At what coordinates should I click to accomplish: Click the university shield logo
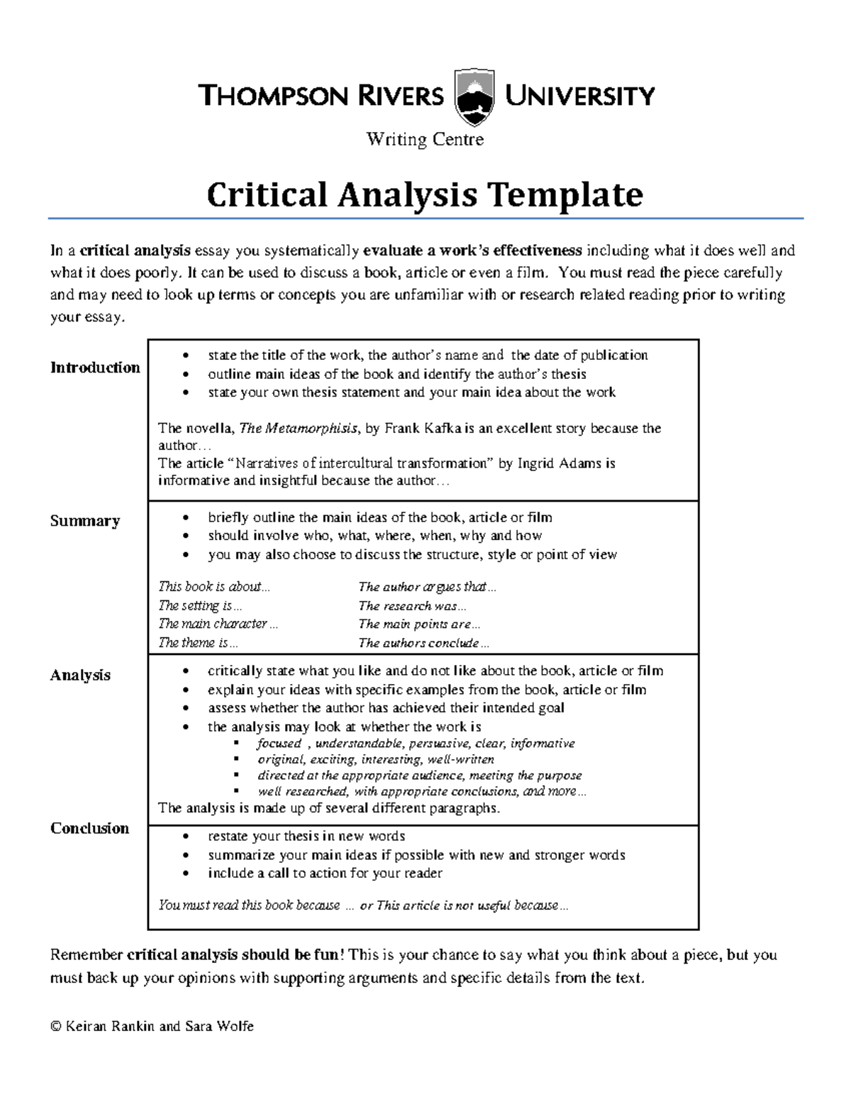coord(474,97)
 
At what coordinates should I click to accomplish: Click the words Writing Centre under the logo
coord(425,139)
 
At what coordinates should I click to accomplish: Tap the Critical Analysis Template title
coord(425,194)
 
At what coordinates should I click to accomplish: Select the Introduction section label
coord(95,368)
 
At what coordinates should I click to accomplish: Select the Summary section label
coord(85,521)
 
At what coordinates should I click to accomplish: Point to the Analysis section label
coord(80,675)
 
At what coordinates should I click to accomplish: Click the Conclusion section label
coord(89,828)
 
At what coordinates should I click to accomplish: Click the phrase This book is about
coord(214,587)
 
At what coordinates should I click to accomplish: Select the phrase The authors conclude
coord(423,643)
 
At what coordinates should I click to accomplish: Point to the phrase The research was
coord(412,606)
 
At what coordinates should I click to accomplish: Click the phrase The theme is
coord(198,643)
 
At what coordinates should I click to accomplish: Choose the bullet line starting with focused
coord(416,744)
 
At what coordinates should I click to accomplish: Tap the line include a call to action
coord(325,874)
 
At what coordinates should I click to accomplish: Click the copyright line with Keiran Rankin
coord(152,1026)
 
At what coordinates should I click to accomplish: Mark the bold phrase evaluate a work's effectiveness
coord(472,250)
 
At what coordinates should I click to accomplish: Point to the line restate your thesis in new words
coord(306,836)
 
